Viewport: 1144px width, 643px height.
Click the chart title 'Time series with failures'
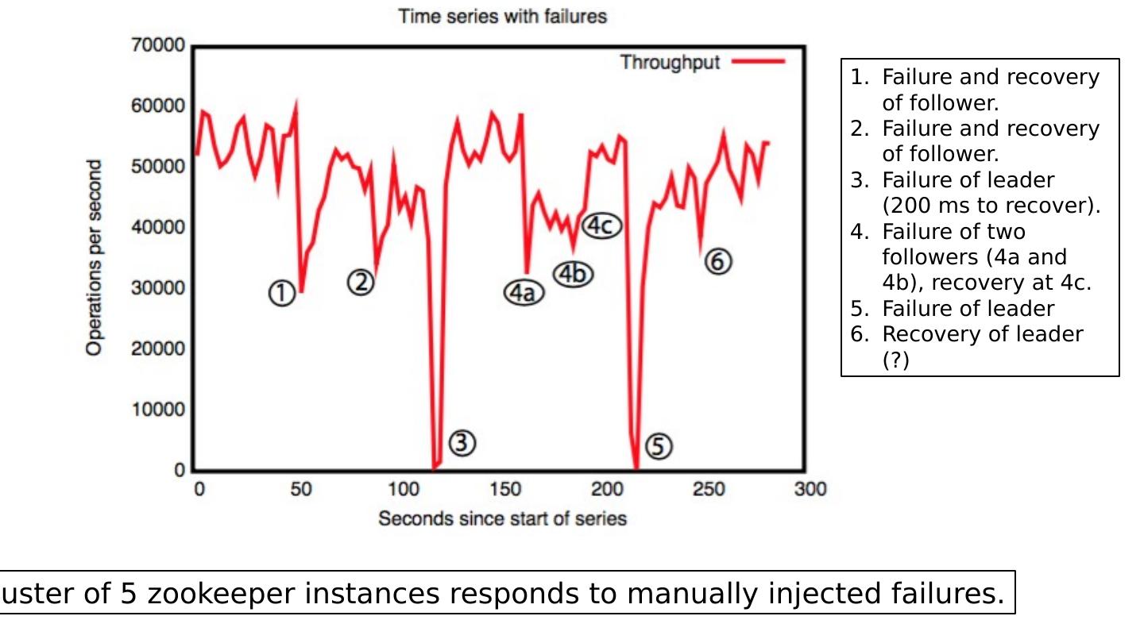click(x=502, y=17)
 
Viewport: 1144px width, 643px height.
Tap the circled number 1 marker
click(x=280, y=294)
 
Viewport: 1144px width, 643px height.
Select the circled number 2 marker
click(x=361, y=281)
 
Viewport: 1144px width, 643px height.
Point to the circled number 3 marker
click(x=462, y=444)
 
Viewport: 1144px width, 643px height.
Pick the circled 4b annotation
click(x=574, y=274)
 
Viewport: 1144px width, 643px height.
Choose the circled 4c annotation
click(x=601, y=226)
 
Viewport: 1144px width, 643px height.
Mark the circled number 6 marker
click(x=717, y=260)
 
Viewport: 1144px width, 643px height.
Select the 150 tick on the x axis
click(x=504, y=489)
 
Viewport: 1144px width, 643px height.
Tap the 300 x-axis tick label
click(x=810, y=489)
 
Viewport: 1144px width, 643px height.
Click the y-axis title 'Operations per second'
click(x=95, y=258)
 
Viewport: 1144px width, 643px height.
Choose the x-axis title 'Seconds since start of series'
click(x=502, y=519)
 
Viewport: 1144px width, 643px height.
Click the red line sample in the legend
click(x=758, y=62)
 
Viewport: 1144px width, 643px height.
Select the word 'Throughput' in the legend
click(x=670, y=62)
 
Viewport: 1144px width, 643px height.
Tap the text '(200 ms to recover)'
click(x=991, y=206)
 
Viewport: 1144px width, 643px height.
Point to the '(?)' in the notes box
click(x=896, y=360)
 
